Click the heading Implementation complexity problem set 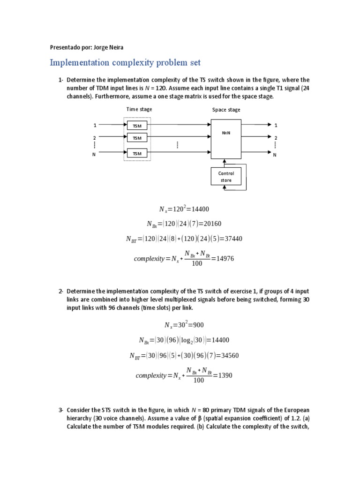tap(125, 63)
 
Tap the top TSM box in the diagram tap(137, 126)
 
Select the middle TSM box tap(137, 138)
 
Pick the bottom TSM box tap(137, 153)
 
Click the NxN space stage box tap(226, 139)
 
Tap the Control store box tap(226, 177)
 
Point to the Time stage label tap(139, 109)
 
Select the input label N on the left tap(94, 154)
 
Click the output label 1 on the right tap(276, 125)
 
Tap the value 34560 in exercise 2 tap(229, 355)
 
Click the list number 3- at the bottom tap(61, 410)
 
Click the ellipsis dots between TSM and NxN tap(178, 145)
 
